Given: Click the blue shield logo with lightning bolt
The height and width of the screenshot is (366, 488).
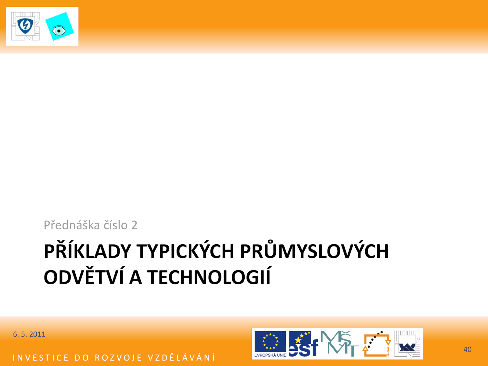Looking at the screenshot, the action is [x=25, y=26].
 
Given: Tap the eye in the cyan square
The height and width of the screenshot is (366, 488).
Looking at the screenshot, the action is [x=59, y=31].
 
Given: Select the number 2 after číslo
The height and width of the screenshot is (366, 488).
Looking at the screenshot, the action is [x=134, y=225].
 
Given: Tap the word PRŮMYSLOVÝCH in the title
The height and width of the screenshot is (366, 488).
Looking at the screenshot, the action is [x=314, y=250].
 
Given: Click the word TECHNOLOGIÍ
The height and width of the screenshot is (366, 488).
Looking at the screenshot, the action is [x=209, y=276].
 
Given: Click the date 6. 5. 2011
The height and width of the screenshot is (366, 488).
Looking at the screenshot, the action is [x=29, y=334].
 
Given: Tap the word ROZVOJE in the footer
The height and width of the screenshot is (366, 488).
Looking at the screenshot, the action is [x=119, y=358].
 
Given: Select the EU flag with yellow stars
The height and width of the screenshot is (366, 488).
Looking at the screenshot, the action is [x=270, y=341].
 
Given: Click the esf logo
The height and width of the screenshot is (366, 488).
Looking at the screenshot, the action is [x=303, y=343].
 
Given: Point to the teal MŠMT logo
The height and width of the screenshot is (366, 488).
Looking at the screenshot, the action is [x=339, y=343].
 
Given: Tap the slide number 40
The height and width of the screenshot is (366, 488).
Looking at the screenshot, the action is [x=467, y=349].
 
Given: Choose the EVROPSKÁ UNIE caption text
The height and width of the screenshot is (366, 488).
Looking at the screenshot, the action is [x=270, y=355].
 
